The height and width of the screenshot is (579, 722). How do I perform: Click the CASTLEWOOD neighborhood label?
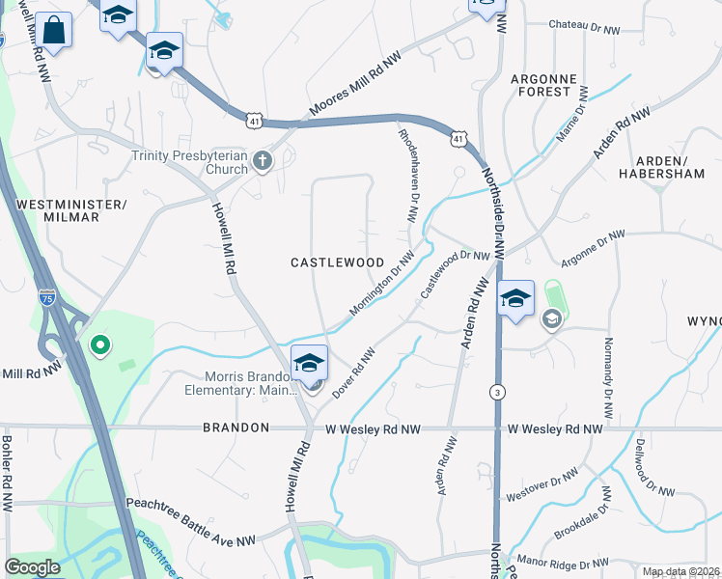point(338,262)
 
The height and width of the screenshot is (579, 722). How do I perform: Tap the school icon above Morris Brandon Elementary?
point(309,363)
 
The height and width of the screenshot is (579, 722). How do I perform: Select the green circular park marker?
point(98,344)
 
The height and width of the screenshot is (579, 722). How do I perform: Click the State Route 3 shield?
point(496,391)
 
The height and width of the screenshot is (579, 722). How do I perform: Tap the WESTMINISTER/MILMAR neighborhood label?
point(72,210)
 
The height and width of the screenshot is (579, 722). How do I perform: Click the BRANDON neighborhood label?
point(236,427)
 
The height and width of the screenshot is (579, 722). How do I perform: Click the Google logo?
point(32,567)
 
